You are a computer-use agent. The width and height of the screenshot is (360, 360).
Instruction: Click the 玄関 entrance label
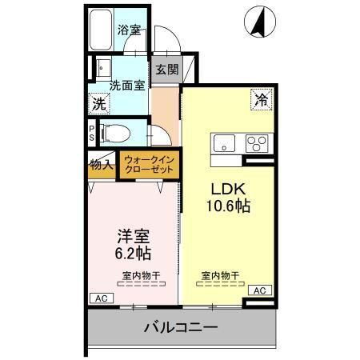166,69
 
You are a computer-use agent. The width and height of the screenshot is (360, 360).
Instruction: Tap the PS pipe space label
92,132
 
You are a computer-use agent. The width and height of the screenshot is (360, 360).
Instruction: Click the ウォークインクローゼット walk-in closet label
150,165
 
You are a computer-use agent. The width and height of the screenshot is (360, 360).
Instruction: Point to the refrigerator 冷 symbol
262,100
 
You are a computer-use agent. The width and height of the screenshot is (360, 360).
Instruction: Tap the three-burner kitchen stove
257,144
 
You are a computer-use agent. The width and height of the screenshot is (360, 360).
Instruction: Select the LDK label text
228,190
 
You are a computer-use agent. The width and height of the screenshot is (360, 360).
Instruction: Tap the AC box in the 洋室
101,298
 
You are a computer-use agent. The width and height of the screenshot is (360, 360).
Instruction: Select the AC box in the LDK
258,290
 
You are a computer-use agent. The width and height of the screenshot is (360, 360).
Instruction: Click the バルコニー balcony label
182,327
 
